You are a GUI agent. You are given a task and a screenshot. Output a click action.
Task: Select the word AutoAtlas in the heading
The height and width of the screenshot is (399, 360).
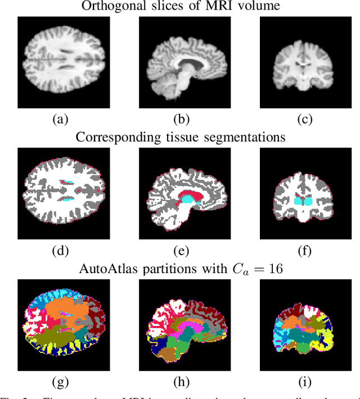point(111,269)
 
